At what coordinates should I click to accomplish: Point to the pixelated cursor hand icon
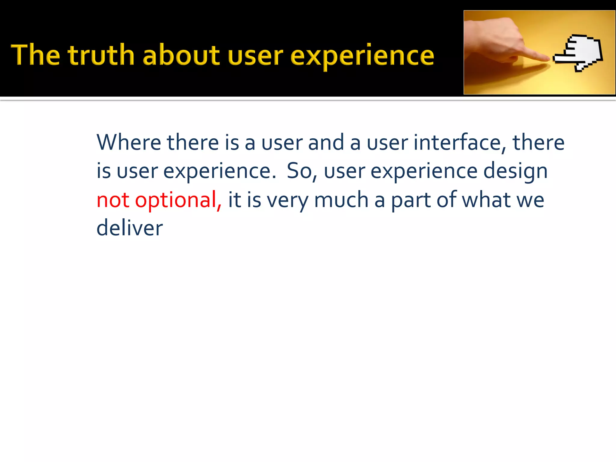pyautogui.click(x=579, y=53)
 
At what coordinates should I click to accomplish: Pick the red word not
pyautogui.click(x=113, y=200)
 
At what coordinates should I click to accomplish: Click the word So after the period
pyautogui.click(x=300, y=171)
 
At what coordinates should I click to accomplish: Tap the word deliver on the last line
pyautogui.click(x=130, y=228)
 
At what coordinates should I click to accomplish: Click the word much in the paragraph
pyautogui.click(x=341, y=200)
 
